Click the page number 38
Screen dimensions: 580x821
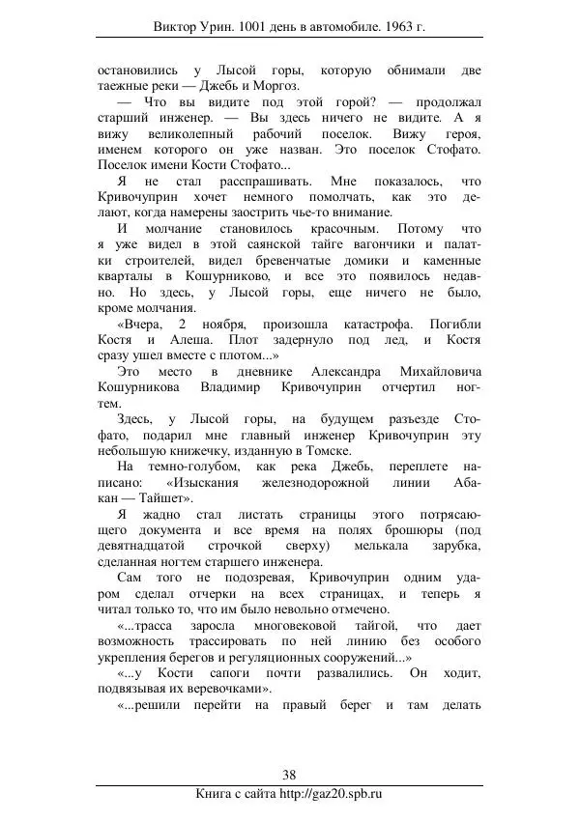tap(289, 775)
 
